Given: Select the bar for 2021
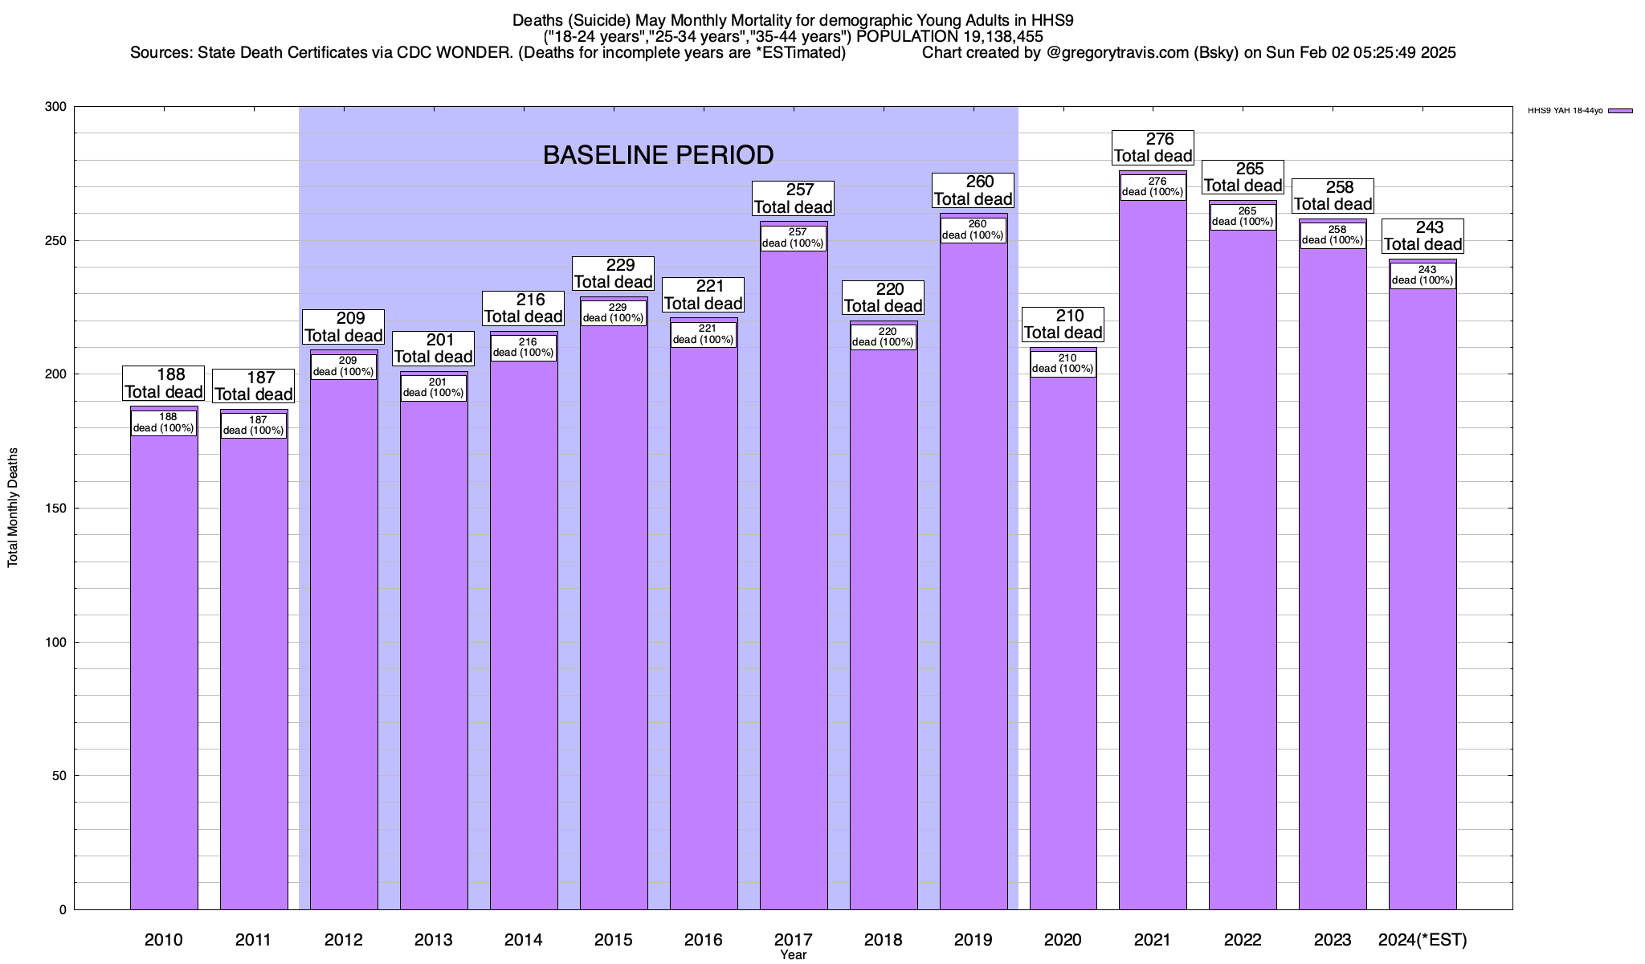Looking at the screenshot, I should tap(1153, 562).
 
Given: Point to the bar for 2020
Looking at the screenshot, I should tap(1063, 643).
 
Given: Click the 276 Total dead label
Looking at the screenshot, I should tap(1153, 148).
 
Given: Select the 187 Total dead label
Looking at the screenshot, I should tap(254, 386).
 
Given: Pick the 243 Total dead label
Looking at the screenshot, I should tap(1423, 236).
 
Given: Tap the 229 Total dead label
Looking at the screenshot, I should tap(614, 274).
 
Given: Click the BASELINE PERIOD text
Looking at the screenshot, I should tap(658, 155).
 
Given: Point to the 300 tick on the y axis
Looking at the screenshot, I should tap(56, 107).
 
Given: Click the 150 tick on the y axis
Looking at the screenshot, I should tap(56, 509).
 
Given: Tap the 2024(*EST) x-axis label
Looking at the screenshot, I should tap(1422, 940).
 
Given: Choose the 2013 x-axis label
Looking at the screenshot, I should tap(434, 940).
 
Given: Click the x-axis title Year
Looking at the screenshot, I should tap(793, 955).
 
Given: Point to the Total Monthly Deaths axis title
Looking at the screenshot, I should tap(13, 508).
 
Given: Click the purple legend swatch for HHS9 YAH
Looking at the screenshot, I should tap(1620, 111).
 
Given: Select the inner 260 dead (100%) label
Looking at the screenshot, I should tap(973, 231).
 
